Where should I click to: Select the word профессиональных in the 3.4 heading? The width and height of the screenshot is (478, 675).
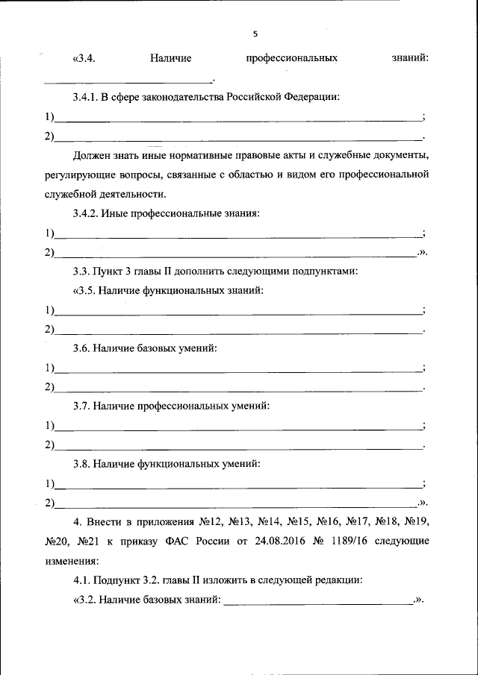(x=291, y=58)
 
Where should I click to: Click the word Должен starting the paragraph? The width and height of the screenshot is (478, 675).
(x=92, y=156)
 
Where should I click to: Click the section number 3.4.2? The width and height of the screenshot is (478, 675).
(x=87, y=214)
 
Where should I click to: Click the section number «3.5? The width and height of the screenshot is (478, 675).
(x=85, y=291)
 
